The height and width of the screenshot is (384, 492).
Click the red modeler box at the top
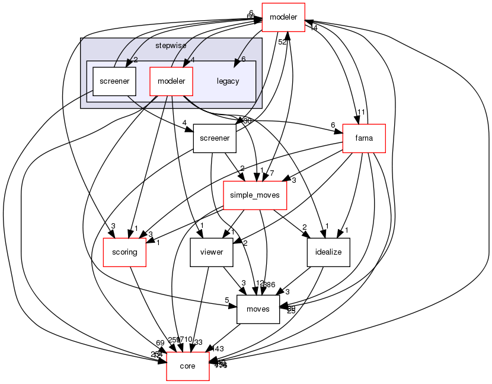(283, 17)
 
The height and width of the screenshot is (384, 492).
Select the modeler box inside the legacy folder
(171, 81)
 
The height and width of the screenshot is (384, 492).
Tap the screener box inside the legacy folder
(114, 81)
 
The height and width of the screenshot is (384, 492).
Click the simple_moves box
(255, 195)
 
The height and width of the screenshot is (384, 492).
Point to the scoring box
(125, 252)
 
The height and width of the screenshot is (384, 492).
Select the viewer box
(211, 252)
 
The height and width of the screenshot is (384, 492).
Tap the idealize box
(328, 252)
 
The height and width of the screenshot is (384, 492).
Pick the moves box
(258, 309)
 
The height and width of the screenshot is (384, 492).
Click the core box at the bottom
(188, 366)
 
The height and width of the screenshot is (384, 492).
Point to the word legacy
(228, 81)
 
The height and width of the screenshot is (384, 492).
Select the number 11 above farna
(360, 112)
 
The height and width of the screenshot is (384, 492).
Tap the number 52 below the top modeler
(283, 42)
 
